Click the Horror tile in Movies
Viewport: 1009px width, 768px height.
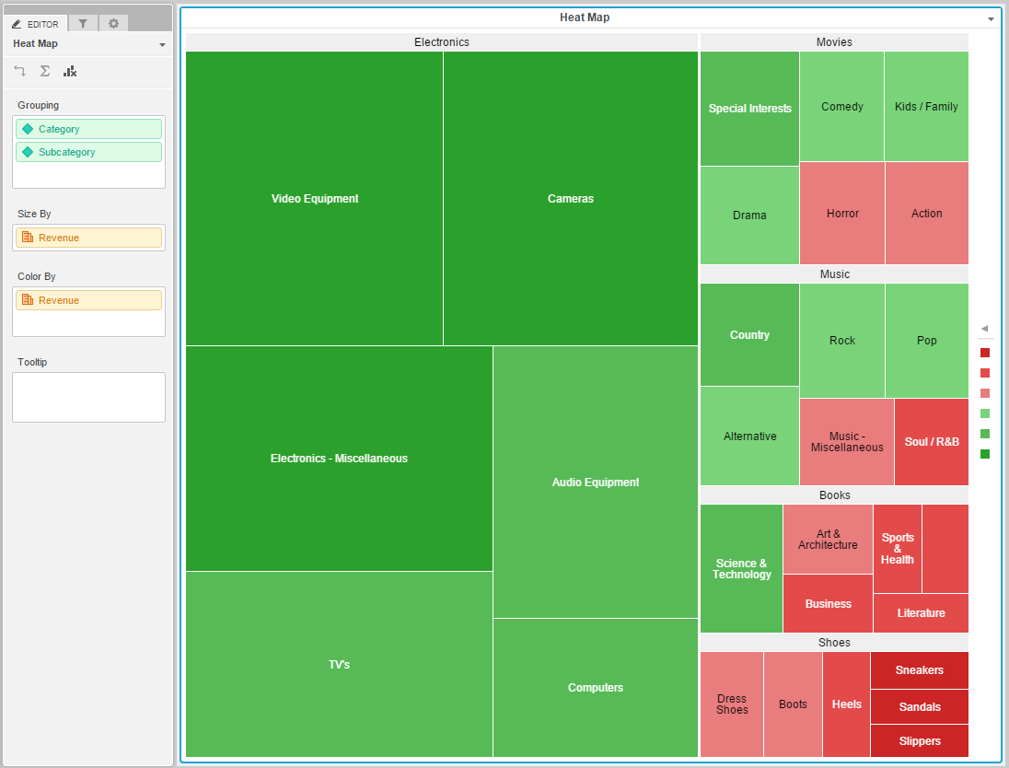[x=841, y=214]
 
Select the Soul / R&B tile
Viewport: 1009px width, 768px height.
[x=931, y=442]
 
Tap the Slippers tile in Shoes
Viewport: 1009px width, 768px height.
[x=919, y=741]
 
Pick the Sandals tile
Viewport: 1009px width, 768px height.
[x=919, y=707]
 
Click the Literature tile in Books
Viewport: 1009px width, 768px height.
[x=921, y=613]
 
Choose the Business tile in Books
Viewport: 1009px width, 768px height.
[x=828, y=604]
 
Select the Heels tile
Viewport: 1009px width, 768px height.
[x=846, y=704]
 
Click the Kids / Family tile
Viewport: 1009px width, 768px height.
[x=926, y=107]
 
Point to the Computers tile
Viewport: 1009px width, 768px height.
[x=595, y=688]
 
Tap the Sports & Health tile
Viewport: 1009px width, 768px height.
[x=897, y=549]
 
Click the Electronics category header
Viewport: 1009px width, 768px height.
[x=441, y=42]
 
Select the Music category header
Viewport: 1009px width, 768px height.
[x=834, y=274]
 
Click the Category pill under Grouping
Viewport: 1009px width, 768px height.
[x=88, y=129]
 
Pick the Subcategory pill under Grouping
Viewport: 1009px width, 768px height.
[x=88, y=152]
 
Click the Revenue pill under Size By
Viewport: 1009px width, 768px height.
[x=88, y=238]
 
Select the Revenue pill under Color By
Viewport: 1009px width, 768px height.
[x=88, y=300]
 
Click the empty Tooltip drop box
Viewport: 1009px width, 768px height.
[x=88, y=397]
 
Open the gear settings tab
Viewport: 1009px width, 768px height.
[x=113, y=24]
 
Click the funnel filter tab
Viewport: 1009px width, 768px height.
[x=83, y=24]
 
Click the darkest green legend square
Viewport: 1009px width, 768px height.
[x=985, y=454]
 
